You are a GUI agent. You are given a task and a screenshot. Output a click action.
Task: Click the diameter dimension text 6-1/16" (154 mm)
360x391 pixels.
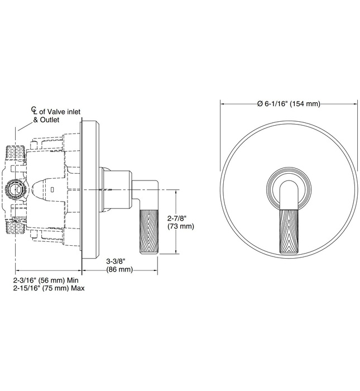pyautogui.click(x=289, y=103)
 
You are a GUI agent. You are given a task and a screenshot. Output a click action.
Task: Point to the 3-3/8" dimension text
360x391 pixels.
pyautogui.click(x=119, y=261)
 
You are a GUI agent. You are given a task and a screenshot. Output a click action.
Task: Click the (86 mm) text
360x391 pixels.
pyautogui.click(x=119, y=269)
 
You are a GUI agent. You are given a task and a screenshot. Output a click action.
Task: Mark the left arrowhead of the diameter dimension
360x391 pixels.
pyautogui.click(x=223, y=103)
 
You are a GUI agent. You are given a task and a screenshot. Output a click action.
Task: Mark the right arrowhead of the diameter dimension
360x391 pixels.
pyautogui.click(x=355, y=103)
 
